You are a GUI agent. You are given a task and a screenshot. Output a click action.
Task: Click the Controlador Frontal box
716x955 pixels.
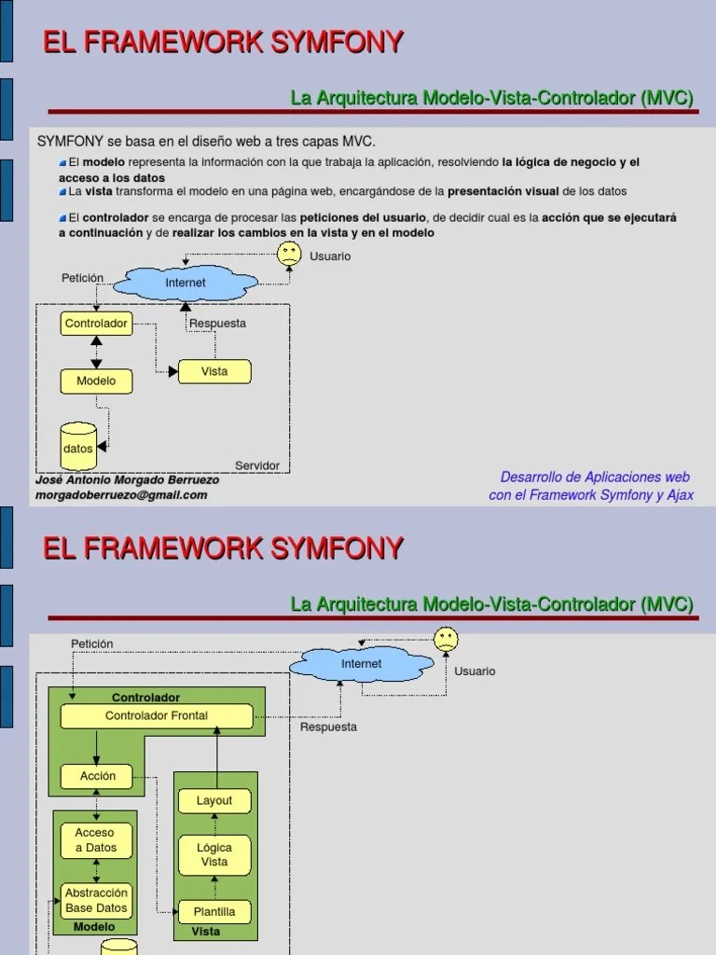pyautogui.click(x=157, y=716)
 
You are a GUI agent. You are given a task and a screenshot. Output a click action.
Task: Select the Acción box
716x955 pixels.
pyautogui.click(x=97, y=776)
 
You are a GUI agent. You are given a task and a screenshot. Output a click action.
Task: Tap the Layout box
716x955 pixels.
pyautogui.click(x=214, y=800)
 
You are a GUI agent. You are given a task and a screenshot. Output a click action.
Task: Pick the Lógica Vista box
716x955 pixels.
pyautogui.click(x=214, y=854)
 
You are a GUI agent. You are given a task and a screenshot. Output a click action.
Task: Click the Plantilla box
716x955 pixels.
pyautogui.click(x=214, y=912)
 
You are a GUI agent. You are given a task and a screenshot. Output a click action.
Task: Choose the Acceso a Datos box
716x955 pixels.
pyautogui.click(x=95, y=839)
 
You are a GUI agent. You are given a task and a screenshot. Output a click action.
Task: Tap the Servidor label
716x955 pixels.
pyautogui.click(x=257, y=465)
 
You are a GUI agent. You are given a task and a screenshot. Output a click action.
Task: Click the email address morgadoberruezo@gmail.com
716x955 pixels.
pyautogui.click(x=121, y=495)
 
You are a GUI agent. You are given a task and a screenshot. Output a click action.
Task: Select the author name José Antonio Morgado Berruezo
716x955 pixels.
pyautogui.click(x=127, y=480)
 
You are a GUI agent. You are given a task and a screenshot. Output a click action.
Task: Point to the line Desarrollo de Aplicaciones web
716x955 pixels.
pyautogui.click(x=596, y=477)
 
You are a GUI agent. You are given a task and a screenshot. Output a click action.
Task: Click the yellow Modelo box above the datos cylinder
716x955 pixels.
pyautogui.click(x=96, y=381)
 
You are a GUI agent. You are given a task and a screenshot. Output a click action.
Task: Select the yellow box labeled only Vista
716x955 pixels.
pyautogui.click(x=214, y=371)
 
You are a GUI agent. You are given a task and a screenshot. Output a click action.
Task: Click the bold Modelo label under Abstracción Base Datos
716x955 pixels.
pyautogui.click(x=94, y=927)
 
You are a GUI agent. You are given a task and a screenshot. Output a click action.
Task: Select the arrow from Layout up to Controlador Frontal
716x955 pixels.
pyautogui.click(x=215, y=758)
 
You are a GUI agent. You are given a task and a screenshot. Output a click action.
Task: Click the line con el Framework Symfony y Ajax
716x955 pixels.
pyautogui.click(x=591, y=495)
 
